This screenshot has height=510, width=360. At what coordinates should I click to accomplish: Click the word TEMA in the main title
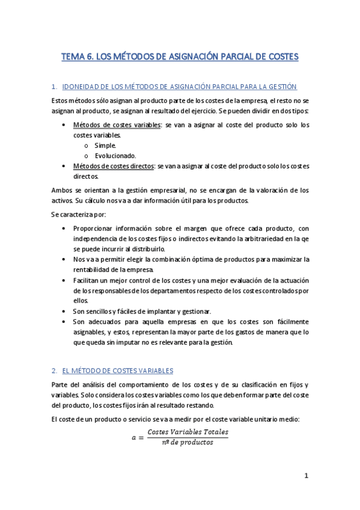[73, 57]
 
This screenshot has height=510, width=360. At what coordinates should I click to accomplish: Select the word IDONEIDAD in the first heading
[83, 87]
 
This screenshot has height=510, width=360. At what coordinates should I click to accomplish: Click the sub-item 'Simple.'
[106, 145]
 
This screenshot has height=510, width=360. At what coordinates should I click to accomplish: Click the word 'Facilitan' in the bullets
[88, 280]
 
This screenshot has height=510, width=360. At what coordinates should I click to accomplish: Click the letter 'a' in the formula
[134, 437]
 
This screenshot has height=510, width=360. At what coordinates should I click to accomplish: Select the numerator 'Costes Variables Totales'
[188, 432]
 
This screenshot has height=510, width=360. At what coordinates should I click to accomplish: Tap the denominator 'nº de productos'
[188, 443]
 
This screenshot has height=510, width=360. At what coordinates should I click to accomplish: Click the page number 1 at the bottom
[306, 476]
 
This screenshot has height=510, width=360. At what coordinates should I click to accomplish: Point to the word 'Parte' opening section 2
[61, 384]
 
